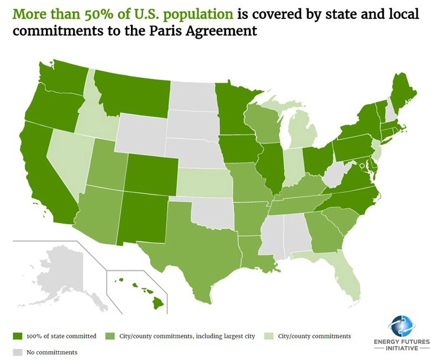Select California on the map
(x=42, y=166)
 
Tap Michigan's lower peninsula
(x=303, y=133)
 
